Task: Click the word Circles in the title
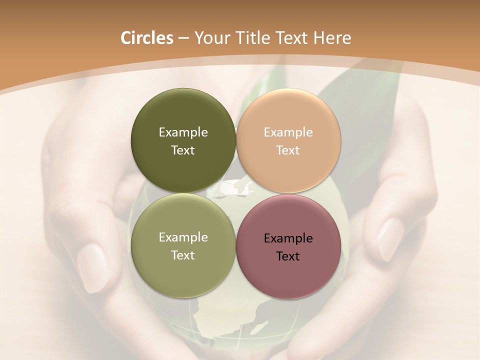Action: click(147, 38)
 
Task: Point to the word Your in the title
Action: click(211, 38)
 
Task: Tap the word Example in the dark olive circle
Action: click(183, 132)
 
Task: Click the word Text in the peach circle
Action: click(288, 150)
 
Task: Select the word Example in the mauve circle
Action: click(288, 238)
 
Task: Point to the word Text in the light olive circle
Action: click(183, 255)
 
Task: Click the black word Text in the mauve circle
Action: click(288, 256)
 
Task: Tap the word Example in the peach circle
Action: click(288, 132)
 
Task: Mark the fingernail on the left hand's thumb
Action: click(93, 267)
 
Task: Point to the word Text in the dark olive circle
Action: click(183, 150)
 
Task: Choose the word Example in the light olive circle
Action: click(183, 237)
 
